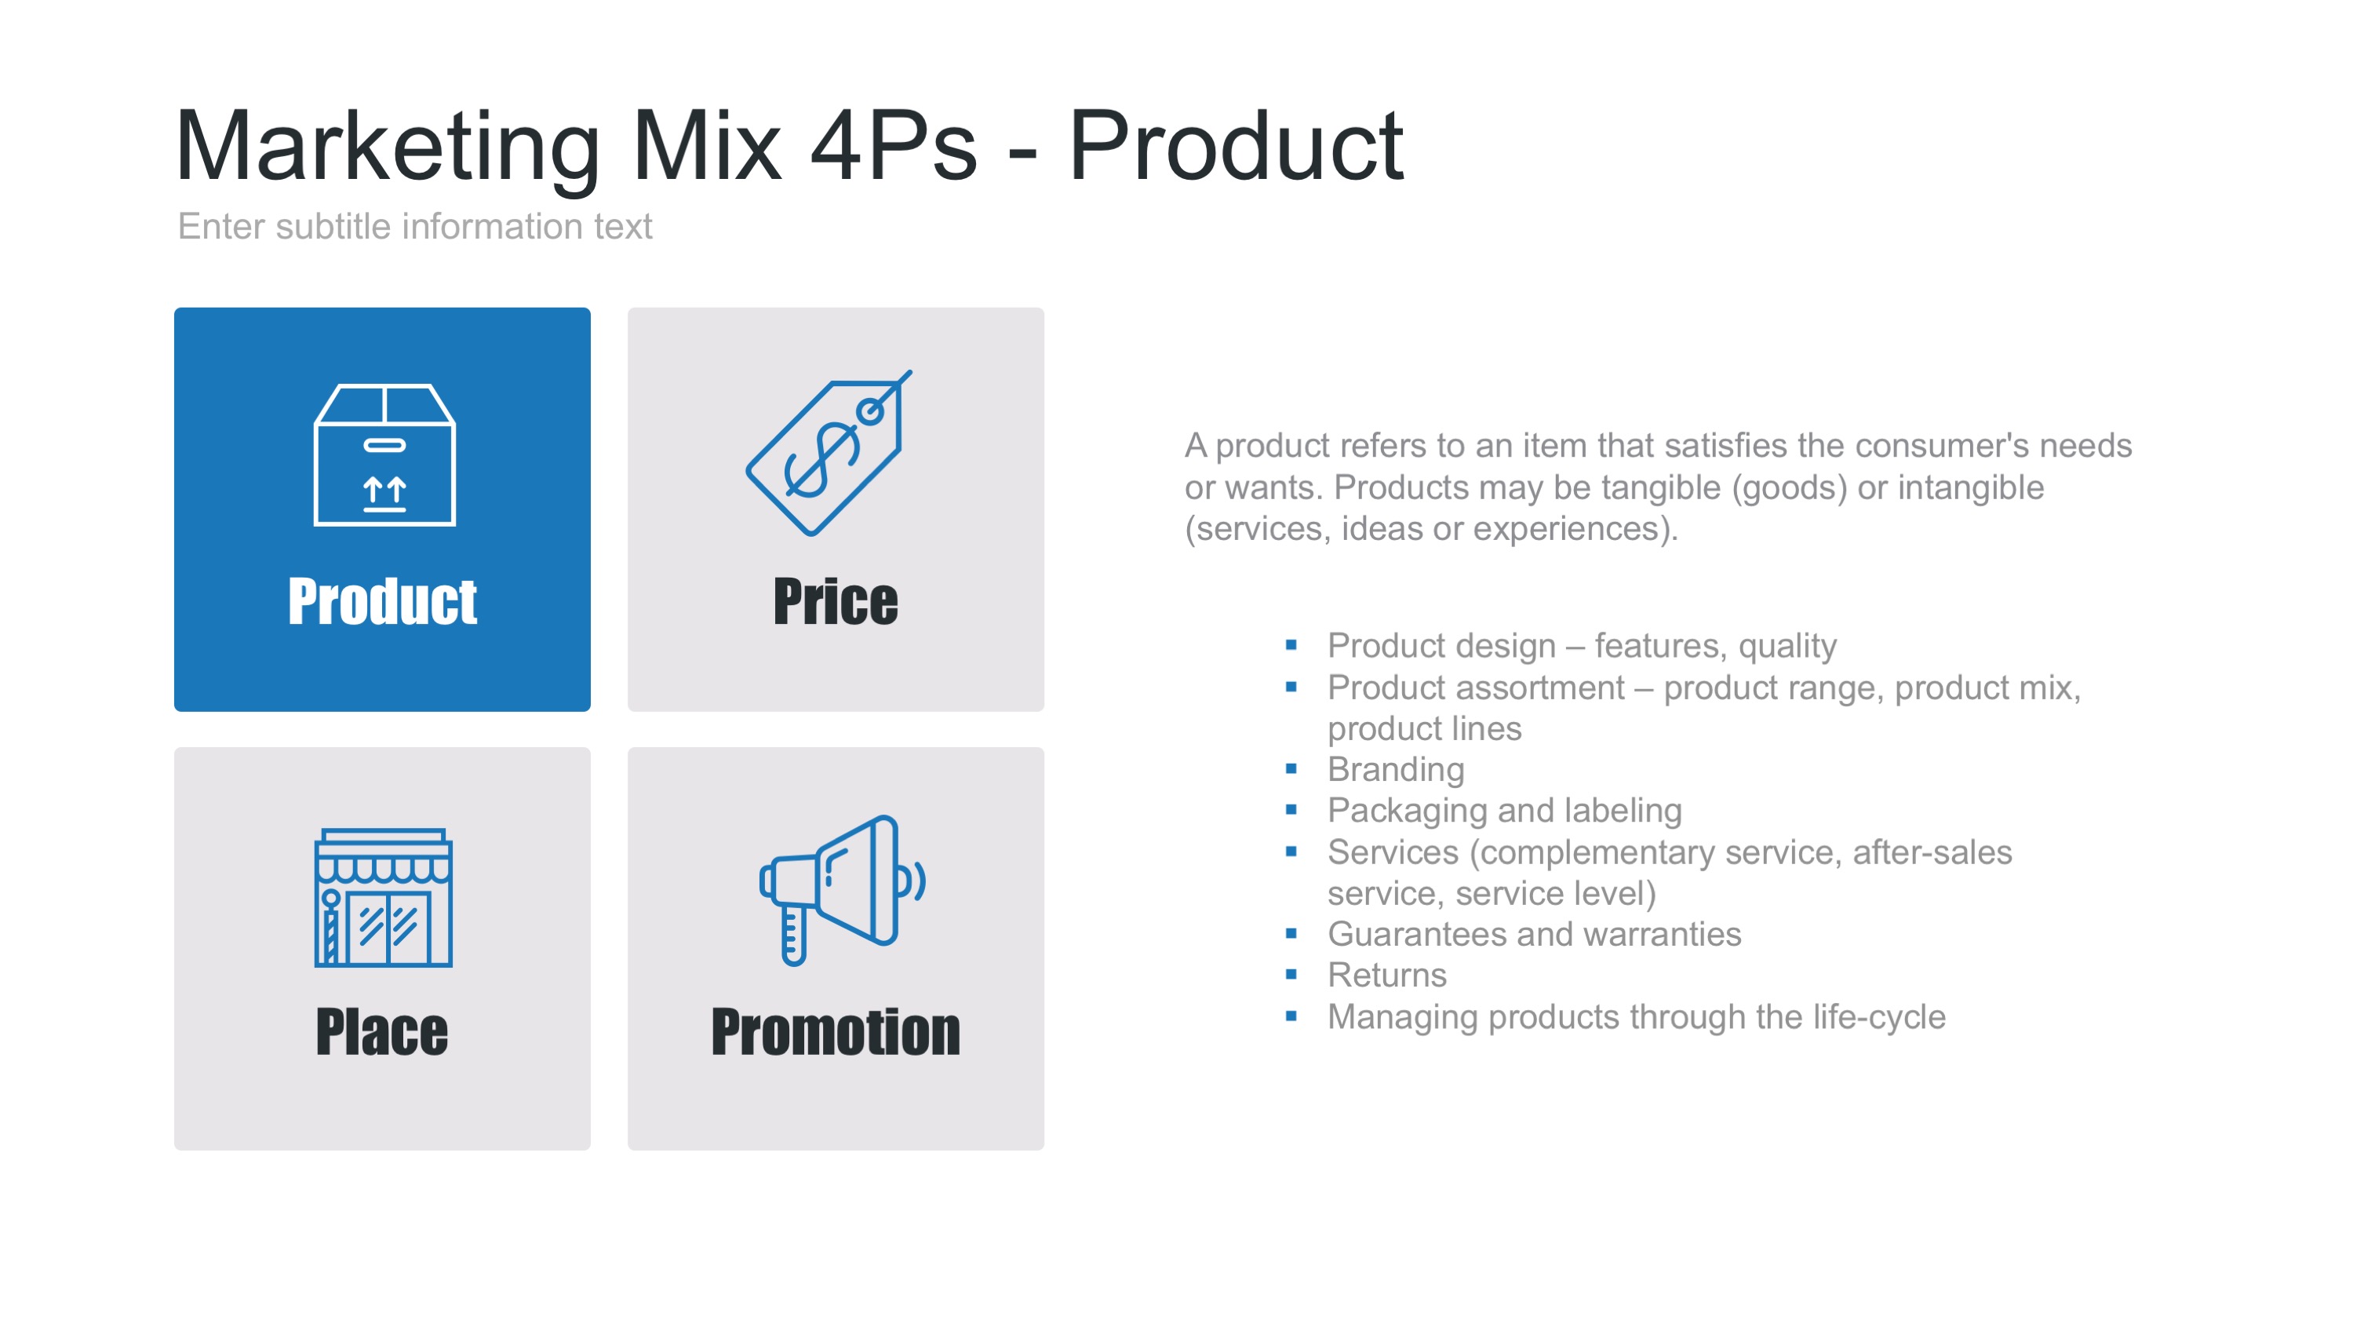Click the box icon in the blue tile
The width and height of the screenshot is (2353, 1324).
(x=384, y=455)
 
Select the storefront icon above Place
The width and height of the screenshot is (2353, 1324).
(x=383, y=897)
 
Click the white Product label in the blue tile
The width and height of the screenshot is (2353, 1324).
(x=382, y=601)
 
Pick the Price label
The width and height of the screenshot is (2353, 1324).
(x=835, y=601)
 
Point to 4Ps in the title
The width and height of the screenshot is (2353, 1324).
(x=892, y=146)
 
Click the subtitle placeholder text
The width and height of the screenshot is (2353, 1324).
(x=415, y=227)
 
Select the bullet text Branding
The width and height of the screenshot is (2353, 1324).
(x=1395, y=769)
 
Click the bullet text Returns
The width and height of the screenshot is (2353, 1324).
(x=1386, y=975)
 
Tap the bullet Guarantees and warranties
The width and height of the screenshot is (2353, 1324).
(x=1534, y=934)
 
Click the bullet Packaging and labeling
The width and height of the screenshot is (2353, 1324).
(x=1503, y=811)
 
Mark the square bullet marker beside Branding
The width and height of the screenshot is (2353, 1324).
(x=1291, y=769)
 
